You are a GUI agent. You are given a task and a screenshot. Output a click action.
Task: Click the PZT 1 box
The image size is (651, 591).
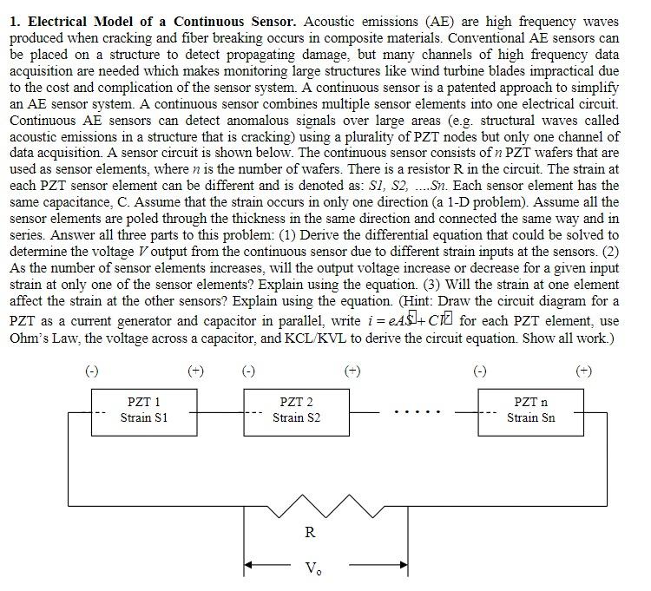[x=144, y=411]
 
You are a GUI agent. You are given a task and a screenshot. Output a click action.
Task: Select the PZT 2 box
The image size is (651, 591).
[x=296, y=411]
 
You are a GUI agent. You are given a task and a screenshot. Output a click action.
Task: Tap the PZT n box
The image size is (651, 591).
[x=530, y=411]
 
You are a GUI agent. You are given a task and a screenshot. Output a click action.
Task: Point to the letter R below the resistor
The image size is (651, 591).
[x=310, y=533]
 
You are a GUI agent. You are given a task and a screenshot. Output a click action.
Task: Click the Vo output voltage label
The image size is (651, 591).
[x=312, y=568]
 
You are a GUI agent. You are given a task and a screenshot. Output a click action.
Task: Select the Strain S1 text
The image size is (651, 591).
[x=144, y=418]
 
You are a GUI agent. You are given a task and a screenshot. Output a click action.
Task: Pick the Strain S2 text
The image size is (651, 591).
[x=296, y=418]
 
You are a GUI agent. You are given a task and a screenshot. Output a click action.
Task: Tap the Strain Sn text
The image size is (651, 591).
[x=530, y=418]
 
